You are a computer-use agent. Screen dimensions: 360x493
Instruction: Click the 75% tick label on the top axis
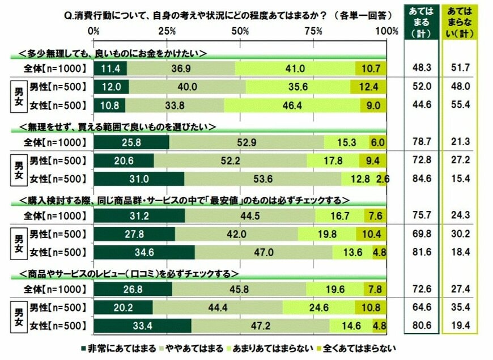pyautogui.click(x=313, y=30)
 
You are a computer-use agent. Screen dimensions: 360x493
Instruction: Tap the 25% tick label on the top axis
pyautogui.click(x=167, y=30)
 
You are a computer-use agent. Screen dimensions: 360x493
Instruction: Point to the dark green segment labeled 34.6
pyautogui.click(x=144, y=252)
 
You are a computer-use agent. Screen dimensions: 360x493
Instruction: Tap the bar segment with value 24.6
pyautogui.click(x=319, y=308)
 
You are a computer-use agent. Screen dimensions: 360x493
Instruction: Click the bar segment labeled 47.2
pyautogui.click(x=260, y=327)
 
